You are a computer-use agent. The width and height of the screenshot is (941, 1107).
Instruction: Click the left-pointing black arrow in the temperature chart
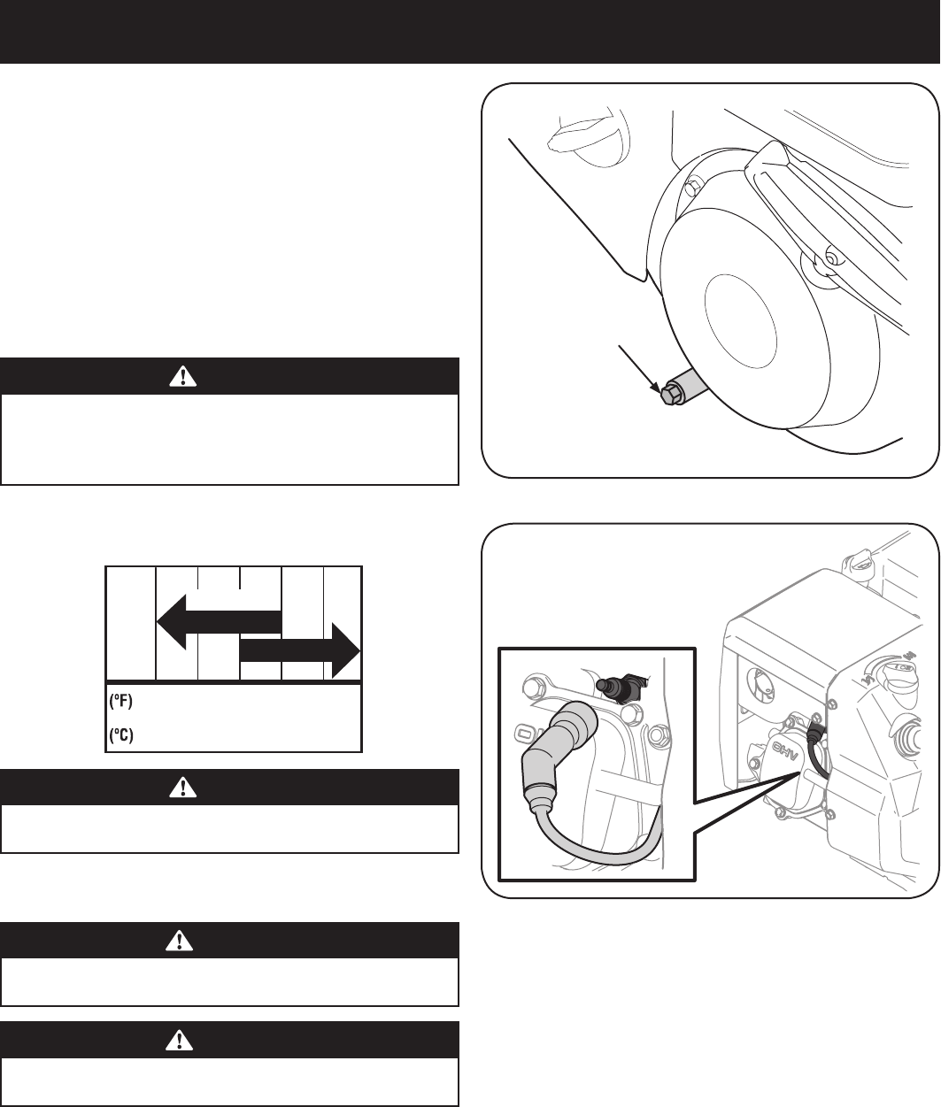tap(217, 621)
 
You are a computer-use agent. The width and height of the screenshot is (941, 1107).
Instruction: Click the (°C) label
tap(121, 735)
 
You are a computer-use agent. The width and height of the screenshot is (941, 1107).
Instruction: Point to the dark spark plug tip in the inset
tap(612, 685)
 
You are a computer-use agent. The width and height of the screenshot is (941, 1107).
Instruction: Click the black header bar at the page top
tap(470, 32)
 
